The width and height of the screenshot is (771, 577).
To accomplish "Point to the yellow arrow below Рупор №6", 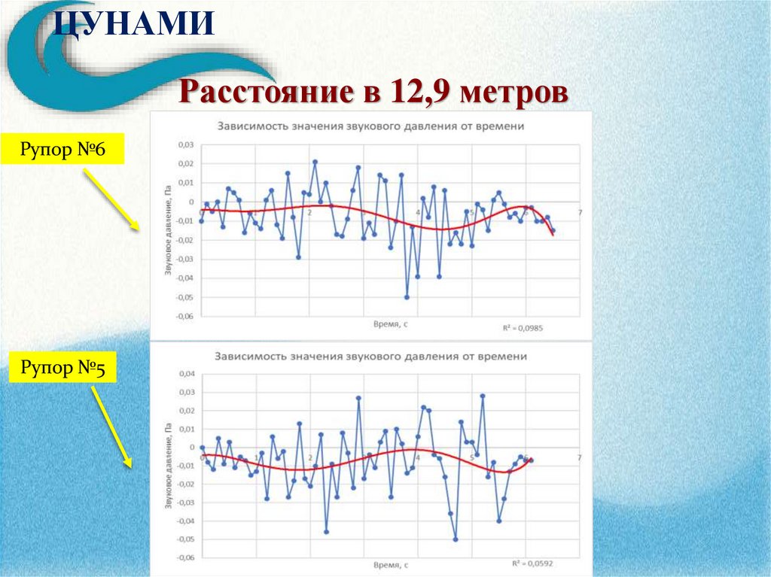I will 110,199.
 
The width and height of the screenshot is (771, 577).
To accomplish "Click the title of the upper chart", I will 370,126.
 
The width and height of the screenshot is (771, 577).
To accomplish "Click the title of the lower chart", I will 370,356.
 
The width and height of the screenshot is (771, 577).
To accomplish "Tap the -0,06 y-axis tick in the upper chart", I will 184,317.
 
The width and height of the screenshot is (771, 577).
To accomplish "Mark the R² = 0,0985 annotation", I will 523,328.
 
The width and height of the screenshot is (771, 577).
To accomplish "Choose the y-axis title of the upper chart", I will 168,230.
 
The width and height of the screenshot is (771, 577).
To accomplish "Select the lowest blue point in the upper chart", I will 407,297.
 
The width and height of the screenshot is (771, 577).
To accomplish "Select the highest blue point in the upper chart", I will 315,162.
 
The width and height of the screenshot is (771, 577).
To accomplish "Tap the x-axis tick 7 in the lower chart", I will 579,457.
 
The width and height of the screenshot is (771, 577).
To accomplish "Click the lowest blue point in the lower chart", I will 456,539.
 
